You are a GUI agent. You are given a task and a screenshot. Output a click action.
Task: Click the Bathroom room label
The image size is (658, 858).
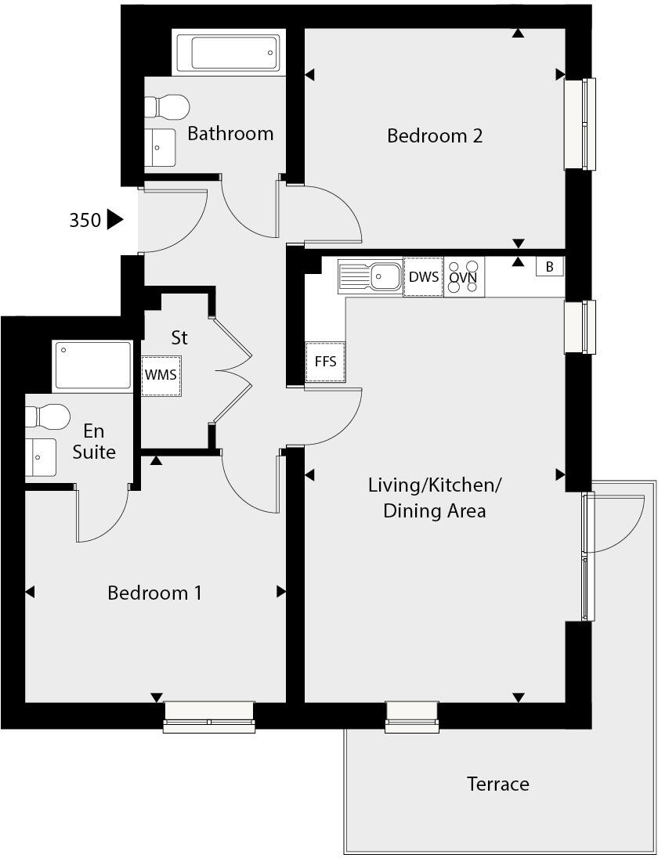tap(230, 134)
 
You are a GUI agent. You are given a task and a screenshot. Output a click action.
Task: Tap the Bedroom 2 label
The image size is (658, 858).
tap(435, 136)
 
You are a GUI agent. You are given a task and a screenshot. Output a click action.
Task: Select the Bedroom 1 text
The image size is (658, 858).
tap(154, 593)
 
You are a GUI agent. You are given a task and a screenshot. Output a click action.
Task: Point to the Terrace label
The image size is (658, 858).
tap(497, 784)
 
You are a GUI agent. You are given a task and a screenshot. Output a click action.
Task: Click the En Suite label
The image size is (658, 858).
tap(94, 442)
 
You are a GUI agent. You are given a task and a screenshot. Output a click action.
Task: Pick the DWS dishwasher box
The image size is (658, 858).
tap(423, 277)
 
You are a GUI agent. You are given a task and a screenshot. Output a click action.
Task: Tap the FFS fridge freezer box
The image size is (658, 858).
tap(325, 362)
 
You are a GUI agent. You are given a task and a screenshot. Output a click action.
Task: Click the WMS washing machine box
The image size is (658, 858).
tap(161, 374)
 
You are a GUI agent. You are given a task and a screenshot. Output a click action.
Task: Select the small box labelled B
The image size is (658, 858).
tap(549, 267)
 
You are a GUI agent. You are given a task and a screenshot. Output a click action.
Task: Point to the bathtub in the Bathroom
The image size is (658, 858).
tap(227, 53)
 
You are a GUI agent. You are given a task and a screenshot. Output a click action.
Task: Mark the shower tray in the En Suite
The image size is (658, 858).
tap(92, 366)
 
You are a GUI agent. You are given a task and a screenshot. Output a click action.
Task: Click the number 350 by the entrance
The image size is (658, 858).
tap(85, 221)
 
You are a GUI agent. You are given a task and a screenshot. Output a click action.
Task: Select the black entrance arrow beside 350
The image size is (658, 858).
tap(114, 220)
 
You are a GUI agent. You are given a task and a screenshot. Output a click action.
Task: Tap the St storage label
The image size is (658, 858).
tap(179, 338)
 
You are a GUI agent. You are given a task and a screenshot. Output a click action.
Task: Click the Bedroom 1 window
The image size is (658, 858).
tap(209, 716)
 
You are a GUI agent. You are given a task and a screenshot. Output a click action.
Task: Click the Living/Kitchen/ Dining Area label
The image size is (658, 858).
tap(435, 498)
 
